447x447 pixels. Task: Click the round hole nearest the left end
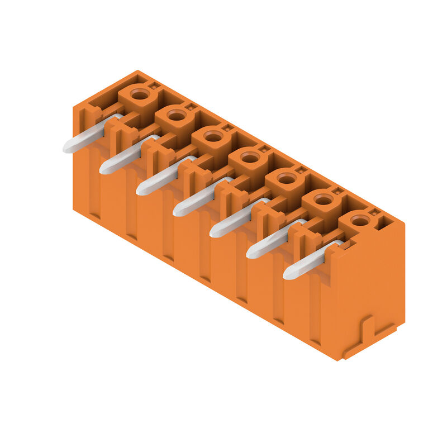click(x=140, y=94)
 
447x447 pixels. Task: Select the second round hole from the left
click(x=177, y=116)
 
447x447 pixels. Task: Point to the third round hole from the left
click(x=213, y=136)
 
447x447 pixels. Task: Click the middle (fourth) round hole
click(x=250, y=158)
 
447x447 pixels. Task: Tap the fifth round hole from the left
click(x=287, y=179)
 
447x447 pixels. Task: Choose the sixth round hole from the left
click(x=324, y=199)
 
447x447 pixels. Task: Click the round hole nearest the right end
click(x=360, y=221)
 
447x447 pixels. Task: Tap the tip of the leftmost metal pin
click(x=66, y=149)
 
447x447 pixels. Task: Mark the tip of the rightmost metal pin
click(x=287, y=275)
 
